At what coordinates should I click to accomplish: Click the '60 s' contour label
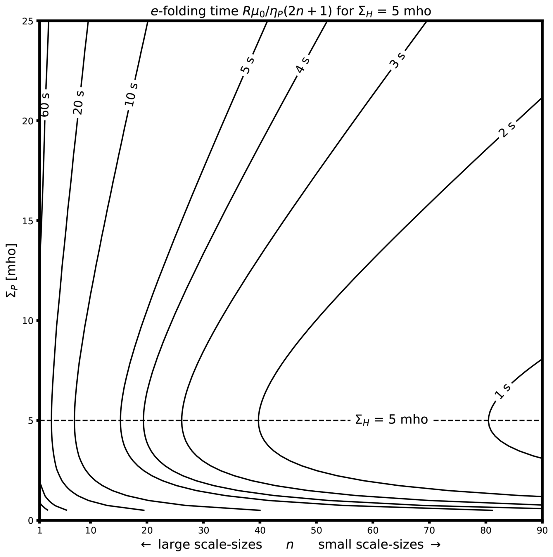(x=45, y=105)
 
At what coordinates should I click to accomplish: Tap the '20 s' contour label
(x=78, y=102)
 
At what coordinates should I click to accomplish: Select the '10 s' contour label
(x=131, y=94)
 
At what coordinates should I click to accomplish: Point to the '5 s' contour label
(x=247, y=65)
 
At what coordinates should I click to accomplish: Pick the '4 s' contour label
(x=303, y=65)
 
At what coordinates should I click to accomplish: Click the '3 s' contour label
(x=398, y=61)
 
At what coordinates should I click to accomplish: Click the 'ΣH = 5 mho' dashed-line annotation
(x=391, y=420)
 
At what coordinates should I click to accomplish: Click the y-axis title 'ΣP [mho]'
(x=12, y=270)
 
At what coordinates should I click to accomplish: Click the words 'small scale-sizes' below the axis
(x=371, y=545)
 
